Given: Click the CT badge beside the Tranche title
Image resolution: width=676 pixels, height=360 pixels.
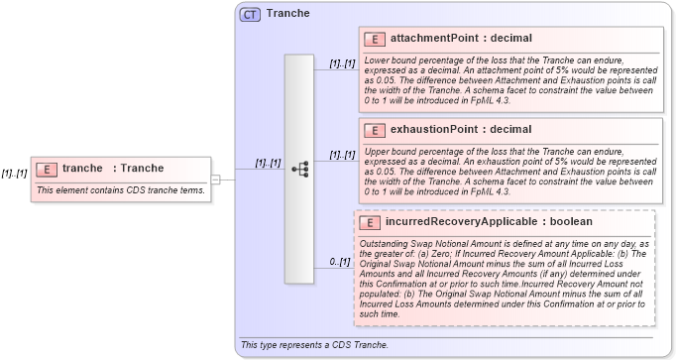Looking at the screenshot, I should [x=250, y=14].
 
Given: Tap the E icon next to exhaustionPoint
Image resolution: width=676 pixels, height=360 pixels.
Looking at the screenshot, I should [x=375, y=130].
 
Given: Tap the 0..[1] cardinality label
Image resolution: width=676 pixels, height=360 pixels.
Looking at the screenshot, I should [x=340, y=262].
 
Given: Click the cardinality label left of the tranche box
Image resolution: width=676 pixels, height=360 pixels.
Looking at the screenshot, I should [x=14, y=173].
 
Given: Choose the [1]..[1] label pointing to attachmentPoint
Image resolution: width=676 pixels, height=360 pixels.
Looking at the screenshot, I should [x=342, y=63].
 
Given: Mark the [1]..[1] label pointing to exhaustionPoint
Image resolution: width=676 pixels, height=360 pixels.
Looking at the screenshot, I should [x=342, y=155].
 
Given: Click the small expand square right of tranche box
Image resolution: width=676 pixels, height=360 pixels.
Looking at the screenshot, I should [x=216, y=179].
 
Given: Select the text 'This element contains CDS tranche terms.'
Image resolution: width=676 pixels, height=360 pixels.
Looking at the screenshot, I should [x=121, y=189].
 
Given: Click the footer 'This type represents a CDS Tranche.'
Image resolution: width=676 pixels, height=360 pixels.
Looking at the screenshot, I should [x=313, y=345].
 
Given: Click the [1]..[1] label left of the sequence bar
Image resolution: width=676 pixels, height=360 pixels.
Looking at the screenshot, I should [x=267, y=163].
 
